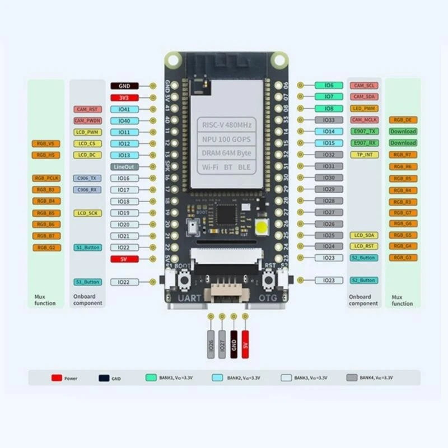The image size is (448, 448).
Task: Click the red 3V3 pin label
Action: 124,97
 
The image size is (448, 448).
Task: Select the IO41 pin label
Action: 124,109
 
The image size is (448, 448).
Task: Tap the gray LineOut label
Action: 124,167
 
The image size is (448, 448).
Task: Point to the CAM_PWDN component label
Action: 87,120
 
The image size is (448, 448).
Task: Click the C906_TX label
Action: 87,178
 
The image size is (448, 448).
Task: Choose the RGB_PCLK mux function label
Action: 46,178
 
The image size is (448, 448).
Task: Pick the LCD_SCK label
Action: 87,213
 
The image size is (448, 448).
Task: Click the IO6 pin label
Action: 329,85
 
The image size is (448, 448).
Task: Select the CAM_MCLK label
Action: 363,120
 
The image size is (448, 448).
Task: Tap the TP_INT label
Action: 363,155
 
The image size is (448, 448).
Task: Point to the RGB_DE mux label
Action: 403,120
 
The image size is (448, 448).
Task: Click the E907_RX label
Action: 363,143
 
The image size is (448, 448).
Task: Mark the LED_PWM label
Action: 363,108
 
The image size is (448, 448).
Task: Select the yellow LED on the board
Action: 262,227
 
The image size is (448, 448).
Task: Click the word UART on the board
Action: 187,299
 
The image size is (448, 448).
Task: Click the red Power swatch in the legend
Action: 57,378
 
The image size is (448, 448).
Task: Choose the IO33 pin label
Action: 329,120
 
